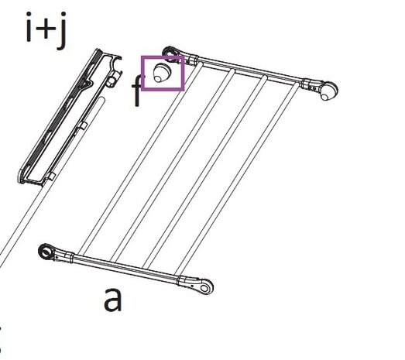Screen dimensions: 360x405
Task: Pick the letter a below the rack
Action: coord(113,299)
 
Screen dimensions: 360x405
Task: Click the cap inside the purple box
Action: coord(162,73)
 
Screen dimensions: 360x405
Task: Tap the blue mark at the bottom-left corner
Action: coord(2,341)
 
